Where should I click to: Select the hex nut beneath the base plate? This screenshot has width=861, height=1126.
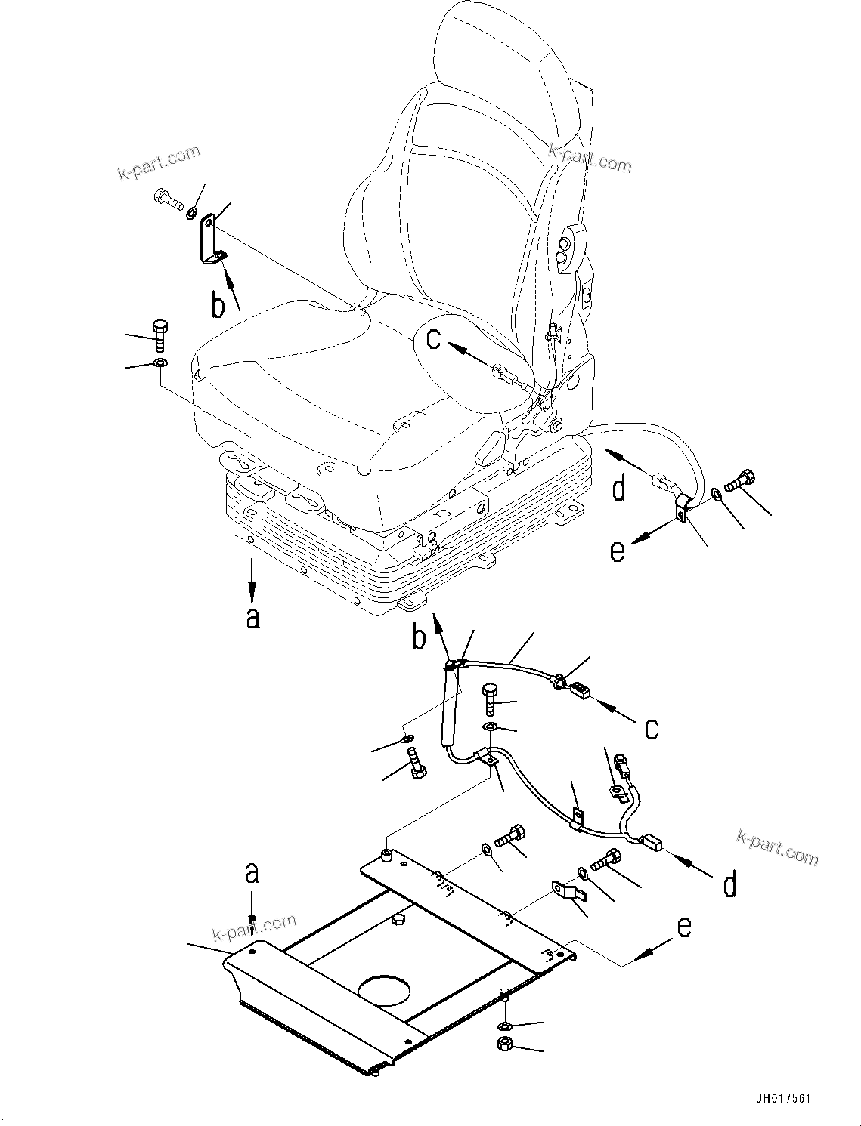[505, 1044]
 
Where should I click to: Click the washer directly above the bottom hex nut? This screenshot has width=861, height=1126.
[505, 1026]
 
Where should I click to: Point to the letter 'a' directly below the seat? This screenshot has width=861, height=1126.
[253, 617]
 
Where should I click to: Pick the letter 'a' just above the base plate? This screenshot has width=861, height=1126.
[252, 873]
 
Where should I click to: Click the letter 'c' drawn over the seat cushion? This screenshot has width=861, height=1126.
[433, 339]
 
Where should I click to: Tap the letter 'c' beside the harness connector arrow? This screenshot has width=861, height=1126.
[651, 728]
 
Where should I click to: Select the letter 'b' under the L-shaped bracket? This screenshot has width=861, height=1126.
[218, 305]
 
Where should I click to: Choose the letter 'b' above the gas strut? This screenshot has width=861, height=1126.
[419, 637]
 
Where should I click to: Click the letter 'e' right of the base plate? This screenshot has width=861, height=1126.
[683, 926]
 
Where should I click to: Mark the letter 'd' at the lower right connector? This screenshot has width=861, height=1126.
[729, 884]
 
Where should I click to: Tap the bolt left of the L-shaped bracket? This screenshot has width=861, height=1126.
[168, 199]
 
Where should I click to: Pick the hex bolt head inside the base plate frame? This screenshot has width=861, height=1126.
[399, 920]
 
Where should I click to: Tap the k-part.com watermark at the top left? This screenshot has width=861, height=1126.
[160, 163]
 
